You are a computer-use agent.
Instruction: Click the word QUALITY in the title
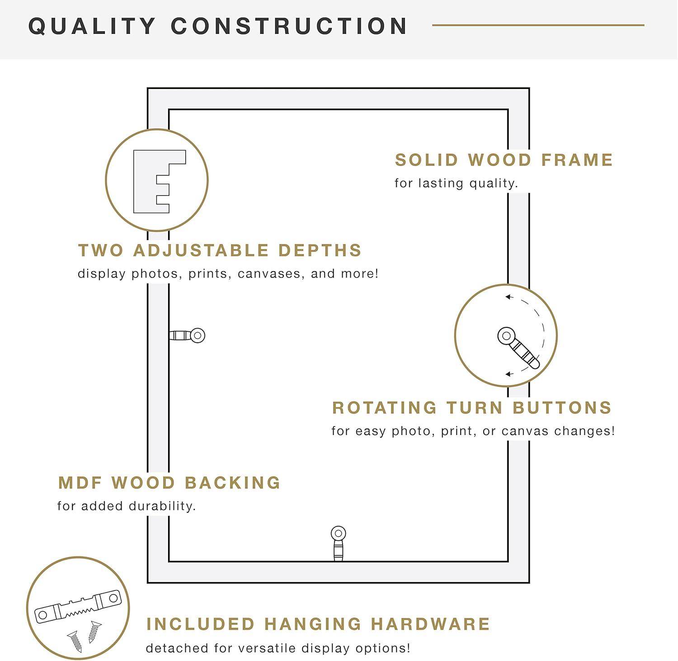click(x=92, y=26)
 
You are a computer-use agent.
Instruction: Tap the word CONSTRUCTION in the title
click(x=289, y=26)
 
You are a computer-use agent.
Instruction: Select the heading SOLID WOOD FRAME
click(x=504, y=160)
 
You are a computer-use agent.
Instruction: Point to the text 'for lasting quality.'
click(x=456, y=183)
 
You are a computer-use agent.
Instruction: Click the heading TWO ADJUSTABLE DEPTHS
click(x=220, y=250)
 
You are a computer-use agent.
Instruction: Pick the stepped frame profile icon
click(x=159, y=181)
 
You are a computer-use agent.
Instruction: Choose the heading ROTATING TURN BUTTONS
click(x=472, y=408)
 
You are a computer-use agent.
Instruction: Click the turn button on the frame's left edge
click(x=187, y=335)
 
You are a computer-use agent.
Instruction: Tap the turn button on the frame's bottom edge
click(x=338, y=543)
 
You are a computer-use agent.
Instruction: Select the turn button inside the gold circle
click(x=518, y=347)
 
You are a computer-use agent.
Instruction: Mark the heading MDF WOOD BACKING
click(x=169, y=483)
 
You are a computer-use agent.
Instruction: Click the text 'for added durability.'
click(x=127, y=506)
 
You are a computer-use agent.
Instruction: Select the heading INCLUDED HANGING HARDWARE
click(x=318, y=624)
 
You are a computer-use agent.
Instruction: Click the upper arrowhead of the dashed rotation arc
click(x=508, y=297)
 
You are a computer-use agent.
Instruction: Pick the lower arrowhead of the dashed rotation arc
click(x=508, y=374)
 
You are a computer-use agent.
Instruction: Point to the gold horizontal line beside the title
click(x=538, y=25)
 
